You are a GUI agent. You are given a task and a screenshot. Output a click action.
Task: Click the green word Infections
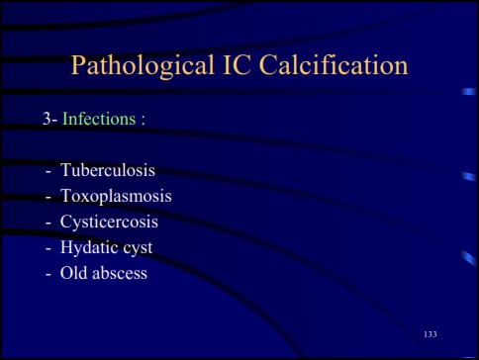pos(99,119)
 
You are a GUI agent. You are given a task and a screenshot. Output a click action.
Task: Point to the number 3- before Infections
pos(49,119)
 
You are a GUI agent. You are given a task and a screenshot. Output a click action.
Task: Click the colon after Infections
pos(144,120)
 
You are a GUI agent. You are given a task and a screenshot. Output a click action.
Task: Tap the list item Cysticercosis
pos(109,221)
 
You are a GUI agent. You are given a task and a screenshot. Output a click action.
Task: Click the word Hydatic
pos(90,246)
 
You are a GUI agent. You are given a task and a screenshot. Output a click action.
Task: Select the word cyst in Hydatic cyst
pos(138,247)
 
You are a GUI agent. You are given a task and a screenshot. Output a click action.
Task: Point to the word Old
pos(74,272)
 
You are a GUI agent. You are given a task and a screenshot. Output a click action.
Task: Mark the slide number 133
pos(431,334)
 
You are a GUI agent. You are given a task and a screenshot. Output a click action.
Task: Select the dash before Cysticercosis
pos(48,222)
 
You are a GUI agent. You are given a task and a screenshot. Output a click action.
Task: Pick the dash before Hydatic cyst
pos(48,247)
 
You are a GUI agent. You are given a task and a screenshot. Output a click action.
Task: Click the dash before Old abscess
pos(48,273)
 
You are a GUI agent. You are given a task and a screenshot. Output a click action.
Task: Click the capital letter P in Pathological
pos(79,66)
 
